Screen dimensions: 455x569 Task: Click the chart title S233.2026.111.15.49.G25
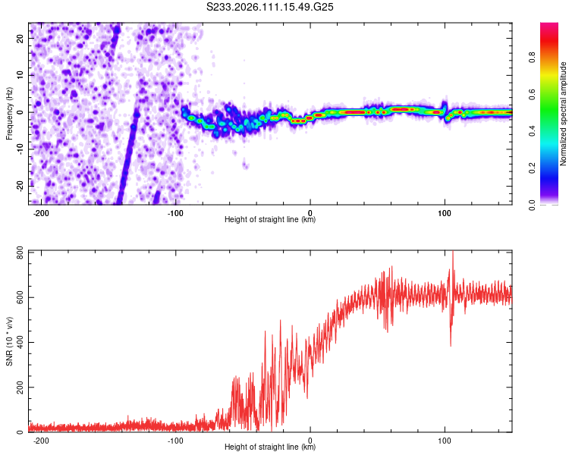pos(271,7)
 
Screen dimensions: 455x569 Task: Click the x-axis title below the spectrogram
pos(270,220)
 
